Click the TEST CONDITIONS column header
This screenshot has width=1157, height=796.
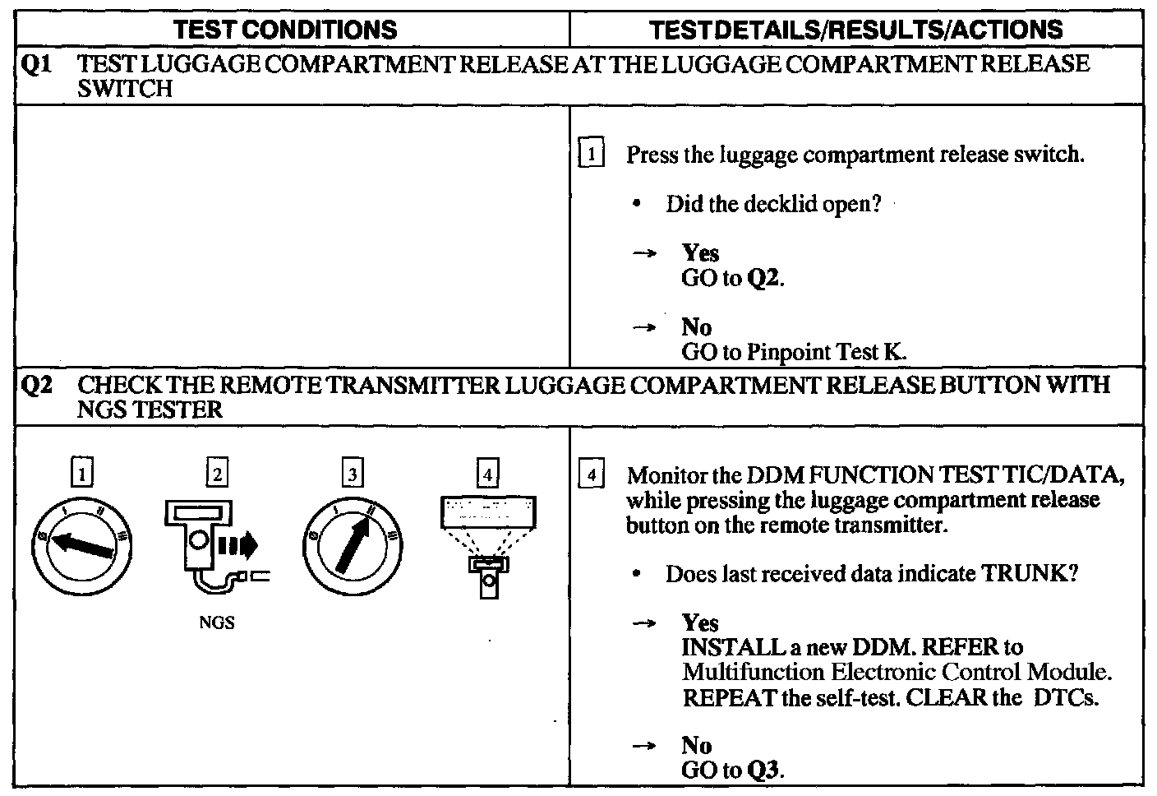pos(286,30)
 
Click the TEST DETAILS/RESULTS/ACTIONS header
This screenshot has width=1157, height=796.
pos(855,30)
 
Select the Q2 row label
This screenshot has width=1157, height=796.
pos(34,386)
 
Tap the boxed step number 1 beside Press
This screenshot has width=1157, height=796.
pos(592,155)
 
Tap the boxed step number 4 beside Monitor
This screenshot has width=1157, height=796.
pos(592,475)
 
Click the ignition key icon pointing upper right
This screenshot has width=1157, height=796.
pos(353,546)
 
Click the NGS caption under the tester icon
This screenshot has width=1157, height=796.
pos(217,623)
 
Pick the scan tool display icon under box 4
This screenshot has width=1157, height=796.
pos(488,543)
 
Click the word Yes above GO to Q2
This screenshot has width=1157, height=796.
pos(700,253)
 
